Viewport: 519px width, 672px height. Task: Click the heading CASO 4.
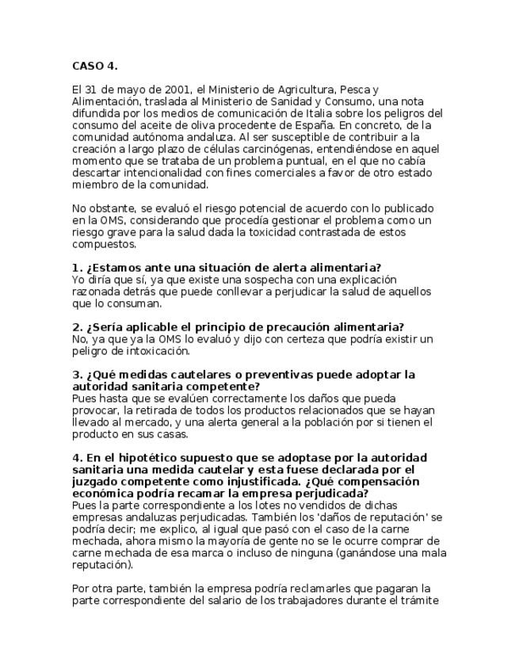(x=95, y=66)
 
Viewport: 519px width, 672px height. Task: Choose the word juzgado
(x=95, y=481)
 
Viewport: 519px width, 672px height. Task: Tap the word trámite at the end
(x=410, y=600)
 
